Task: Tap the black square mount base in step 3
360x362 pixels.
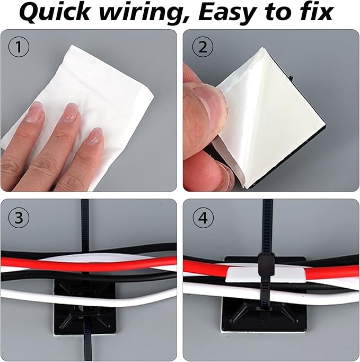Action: coord(74,313)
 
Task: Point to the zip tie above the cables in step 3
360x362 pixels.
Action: coord(84,223)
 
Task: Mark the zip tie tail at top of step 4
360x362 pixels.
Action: coord(265,223)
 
